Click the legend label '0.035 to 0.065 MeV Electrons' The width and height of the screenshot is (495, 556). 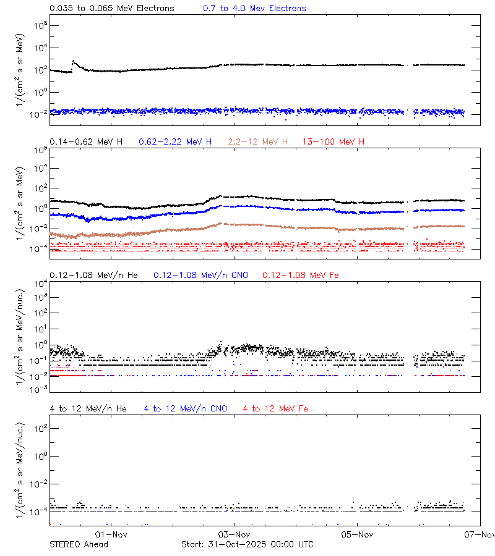point(111,9)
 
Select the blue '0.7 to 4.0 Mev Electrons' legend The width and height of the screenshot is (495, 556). point(254,9)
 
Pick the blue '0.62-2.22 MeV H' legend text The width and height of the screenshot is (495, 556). point(175,142)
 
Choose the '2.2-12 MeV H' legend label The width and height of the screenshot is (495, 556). point(258,142)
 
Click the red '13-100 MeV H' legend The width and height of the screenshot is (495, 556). point(334,142)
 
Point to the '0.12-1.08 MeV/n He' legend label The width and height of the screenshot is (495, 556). point(93,275)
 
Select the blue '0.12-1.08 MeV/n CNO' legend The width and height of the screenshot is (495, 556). point(200,275)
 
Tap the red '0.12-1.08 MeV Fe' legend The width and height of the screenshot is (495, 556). point(301,275)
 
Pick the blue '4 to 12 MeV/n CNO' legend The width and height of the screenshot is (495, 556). point(186,409)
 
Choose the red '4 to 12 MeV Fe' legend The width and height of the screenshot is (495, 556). point(275,409)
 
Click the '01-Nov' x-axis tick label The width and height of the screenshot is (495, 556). point(111,534)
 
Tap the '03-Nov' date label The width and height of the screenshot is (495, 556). point(235,534)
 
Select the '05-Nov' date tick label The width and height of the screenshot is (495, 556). point(358,534)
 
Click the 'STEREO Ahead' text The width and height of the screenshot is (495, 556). point(79,544)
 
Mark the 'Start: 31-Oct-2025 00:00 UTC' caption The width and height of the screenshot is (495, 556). point(247,544)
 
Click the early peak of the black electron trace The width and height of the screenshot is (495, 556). point(74,61)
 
